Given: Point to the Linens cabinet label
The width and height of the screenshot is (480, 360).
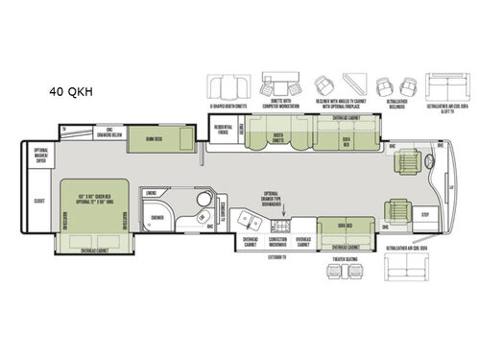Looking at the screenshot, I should tap(151, 192).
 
